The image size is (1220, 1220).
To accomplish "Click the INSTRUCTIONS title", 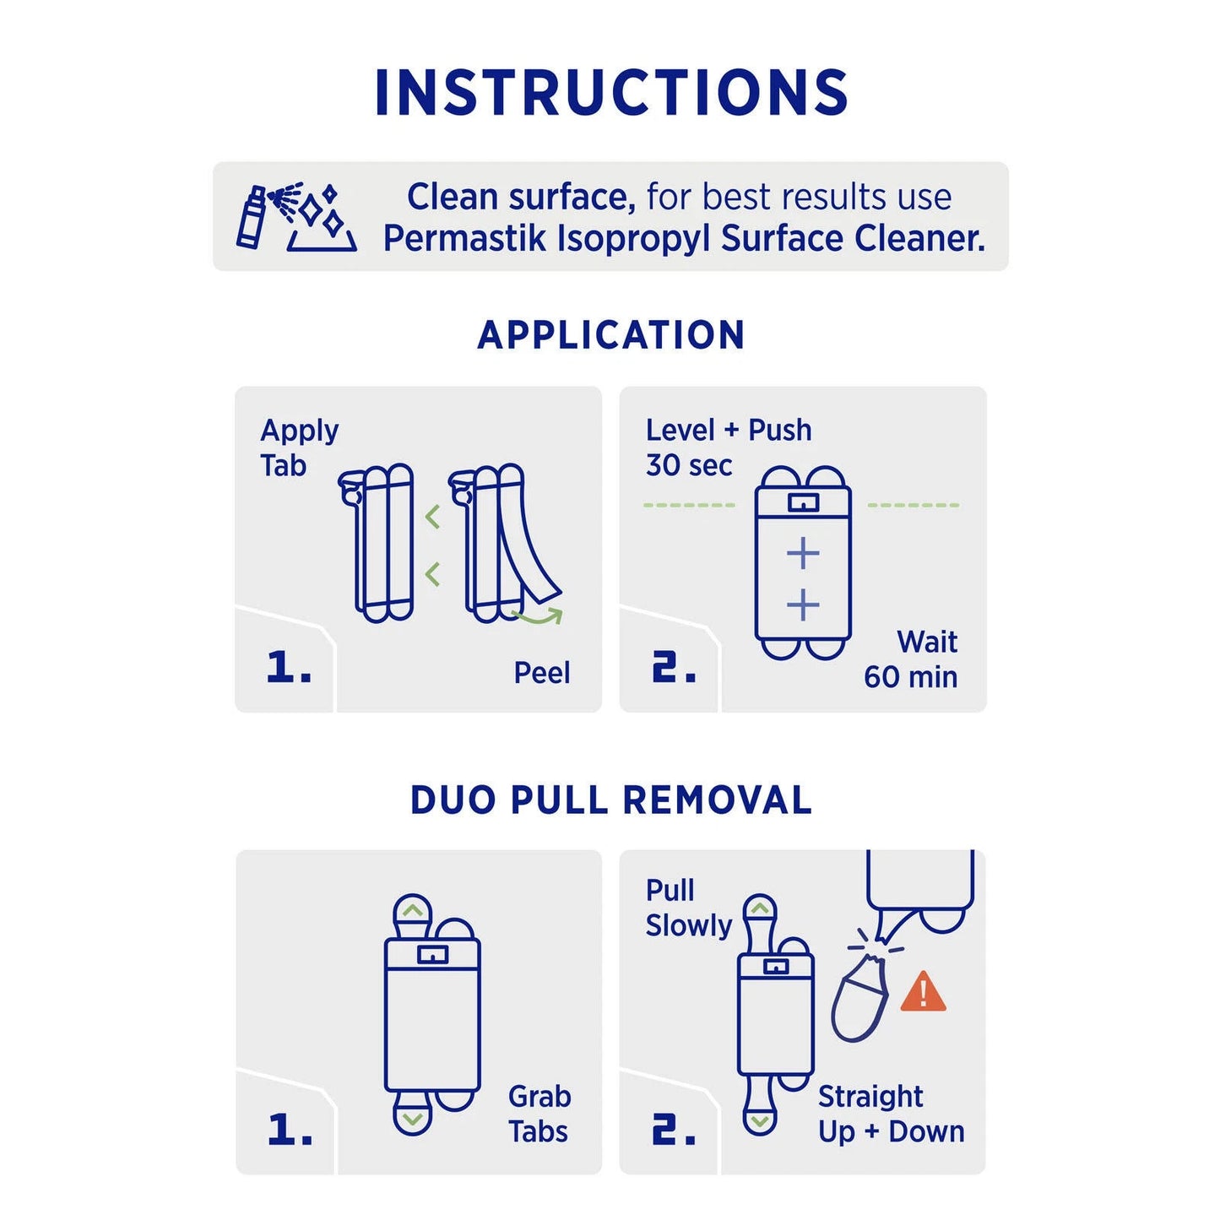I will coord(610,93).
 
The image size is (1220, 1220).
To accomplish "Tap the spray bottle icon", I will coord(252,218).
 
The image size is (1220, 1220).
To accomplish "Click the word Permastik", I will coord(464,239).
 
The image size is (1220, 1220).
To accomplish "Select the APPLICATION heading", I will coord(610,335).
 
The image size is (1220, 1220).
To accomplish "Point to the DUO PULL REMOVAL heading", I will coord(610,800).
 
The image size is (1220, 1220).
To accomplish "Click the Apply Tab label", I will coord(298,447).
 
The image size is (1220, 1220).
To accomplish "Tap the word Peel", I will coord(541,673).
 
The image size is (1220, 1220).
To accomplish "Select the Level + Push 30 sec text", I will coord(728,447).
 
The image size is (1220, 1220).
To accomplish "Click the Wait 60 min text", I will coord(912,659).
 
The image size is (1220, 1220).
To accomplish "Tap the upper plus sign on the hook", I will coord(802,554).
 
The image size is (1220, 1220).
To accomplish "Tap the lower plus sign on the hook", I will coord(802,605).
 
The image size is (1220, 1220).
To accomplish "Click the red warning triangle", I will coord(923,993).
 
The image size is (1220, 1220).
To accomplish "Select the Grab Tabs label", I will coord(539,1114).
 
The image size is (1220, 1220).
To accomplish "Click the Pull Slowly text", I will coord(687,908).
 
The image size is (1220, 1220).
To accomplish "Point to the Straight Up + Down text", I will coord(890,1114).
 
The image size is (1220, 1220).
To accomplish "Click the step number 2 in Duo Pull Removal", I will coord(673,1130).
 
